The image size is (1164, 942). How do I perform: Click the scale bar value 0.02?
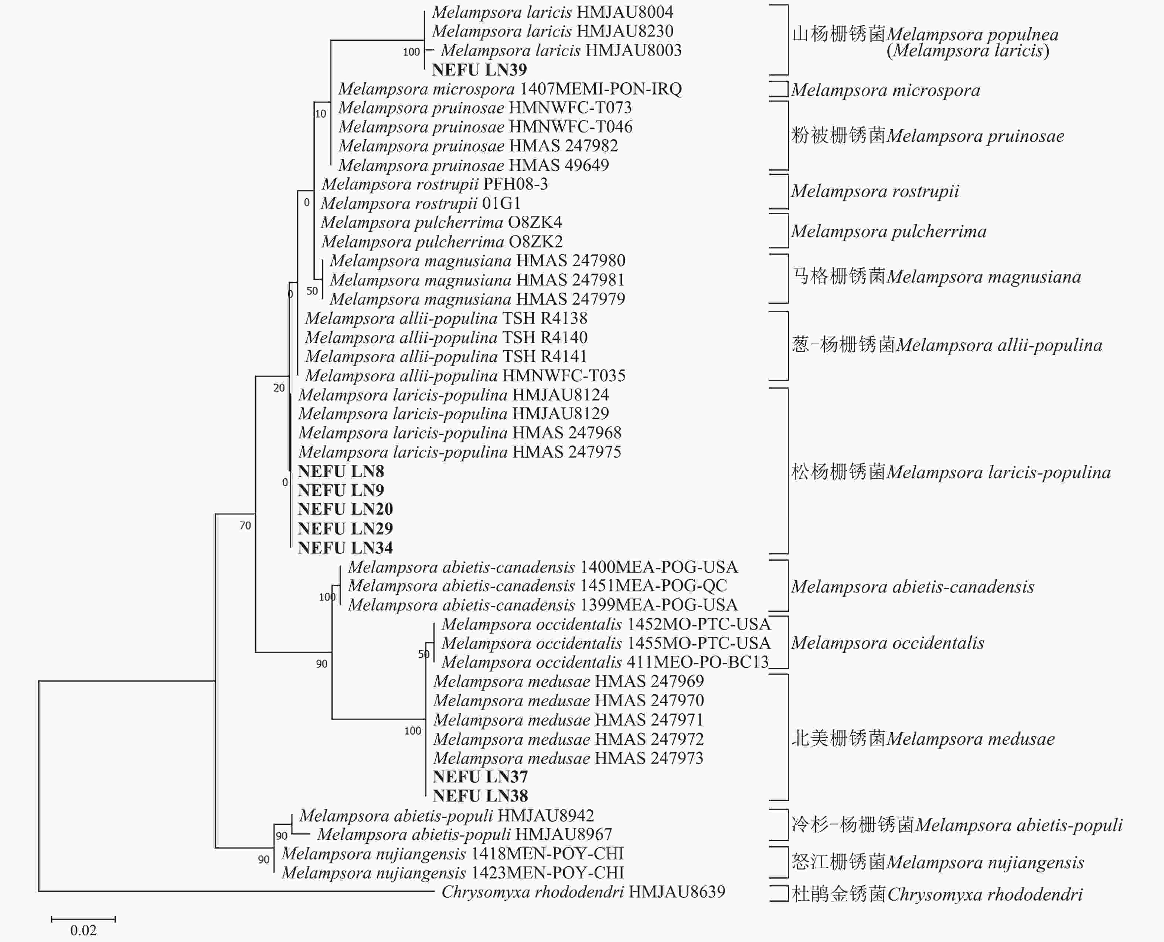click(x=83, y=930)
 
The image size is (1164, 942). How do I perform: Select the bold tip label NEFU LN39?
click(x=479, y=70)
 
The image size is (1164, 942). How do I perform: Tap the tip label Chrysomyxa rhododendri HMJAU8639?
click(x=583, y=891)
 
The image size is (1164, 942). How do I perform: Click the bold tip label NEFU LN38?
click(x=480, y=796)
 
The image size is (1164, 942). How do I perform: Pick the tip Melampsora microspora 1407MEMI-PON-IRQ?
click(x=510, y=89)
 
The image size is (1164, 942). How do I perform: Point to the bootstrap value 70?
click(x=245, y=525)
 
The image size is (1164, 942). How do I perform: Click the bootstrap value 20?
click(x=279, y=388)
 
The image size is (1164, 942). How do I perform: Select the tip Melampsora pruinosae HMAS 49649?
click(x=473, y=165)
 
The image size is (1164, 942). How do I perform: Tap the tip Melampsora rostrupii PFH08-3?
click(x=435, y=184)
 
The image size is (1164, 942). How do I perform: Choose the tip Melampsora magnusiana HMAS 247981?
click(x=477, y=280)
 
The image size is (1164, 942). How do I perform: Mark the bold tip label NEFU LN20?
click(x=345, y=509)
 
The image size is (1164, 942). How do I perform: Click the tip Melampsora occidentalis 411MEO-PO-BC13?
click(x=605, y=662)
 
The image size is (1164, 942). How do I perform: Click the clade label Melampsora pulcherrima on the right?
click(x=888, y=232)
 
